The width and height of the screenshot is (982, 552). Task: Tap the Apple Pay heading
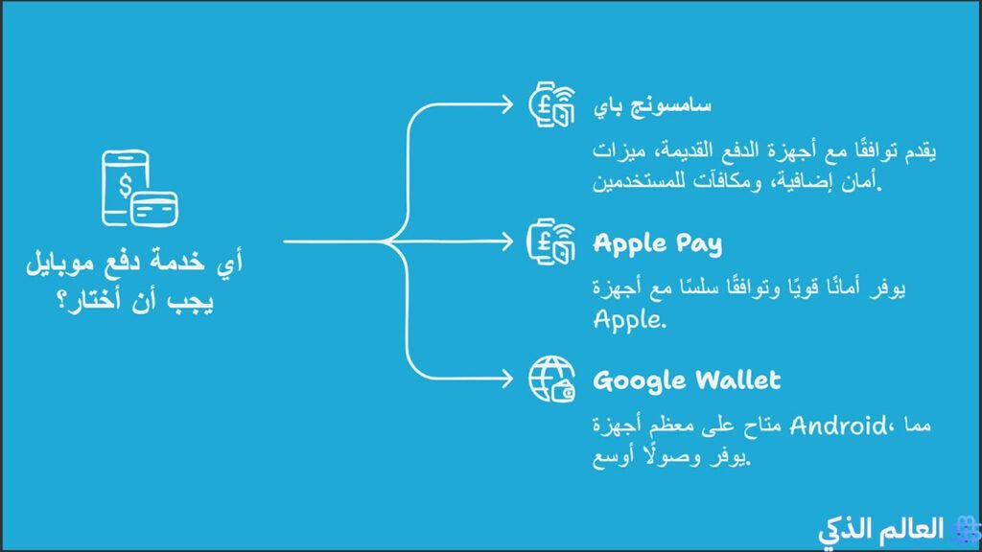click(x=657, y=243)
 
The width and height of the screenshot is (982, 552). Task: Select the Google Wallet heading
click(x=687, y=380)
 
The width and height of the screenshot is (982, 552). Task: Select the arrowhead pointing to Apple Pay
click(x=508, y=241)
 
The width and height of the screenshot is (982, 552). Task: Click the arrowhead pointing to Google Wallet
click(x=508, y=378)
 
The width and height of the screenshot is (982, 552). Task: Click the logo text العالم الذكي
click(x=881, y=528)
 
